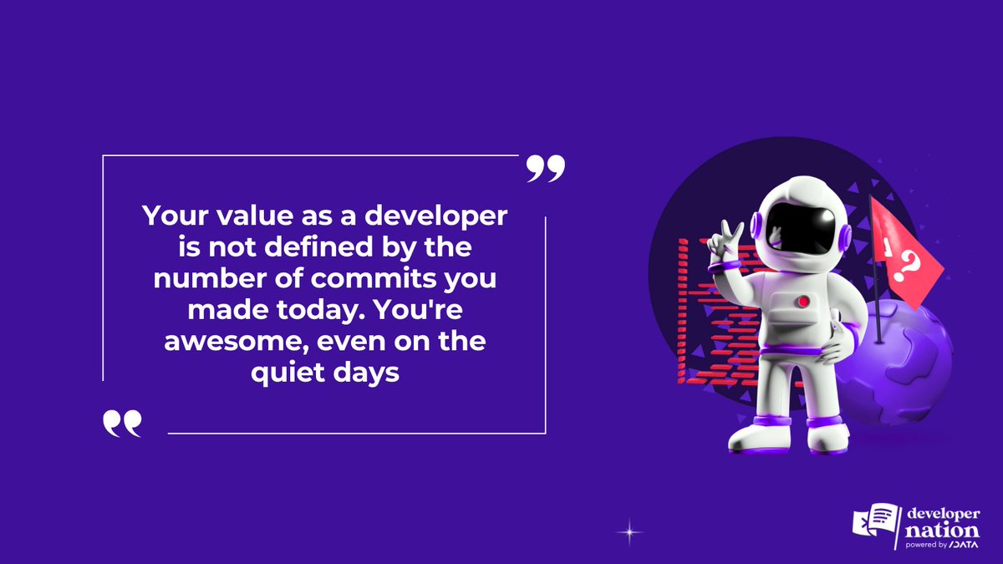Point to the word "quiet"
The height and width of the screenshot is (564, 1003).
283,373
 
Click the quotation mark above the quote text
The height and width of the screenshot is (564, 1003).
546,168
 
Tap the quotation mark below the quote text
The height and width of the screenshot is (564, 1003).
122,424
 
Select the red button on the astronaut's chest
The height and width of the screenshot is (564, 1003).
803,301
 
